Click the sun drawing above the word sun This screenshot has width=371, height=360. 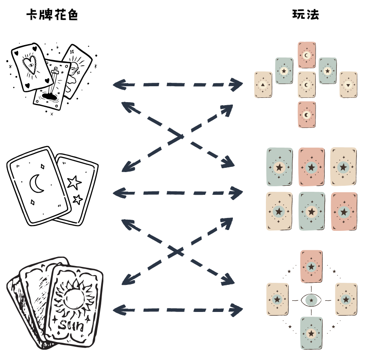point(74,296)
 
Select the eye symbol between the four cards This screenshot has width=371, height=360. point(311,300)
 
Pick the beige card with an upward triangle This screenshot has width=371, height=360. point(262,85)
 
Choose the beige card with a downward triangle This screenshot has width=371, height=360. point(348,85)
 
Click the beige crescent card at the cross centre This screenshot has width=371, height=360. point(306,85)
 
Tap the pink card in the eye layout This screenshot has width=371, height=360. point(311,266)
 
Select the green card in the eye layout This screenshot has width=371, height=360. point(311,333)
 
